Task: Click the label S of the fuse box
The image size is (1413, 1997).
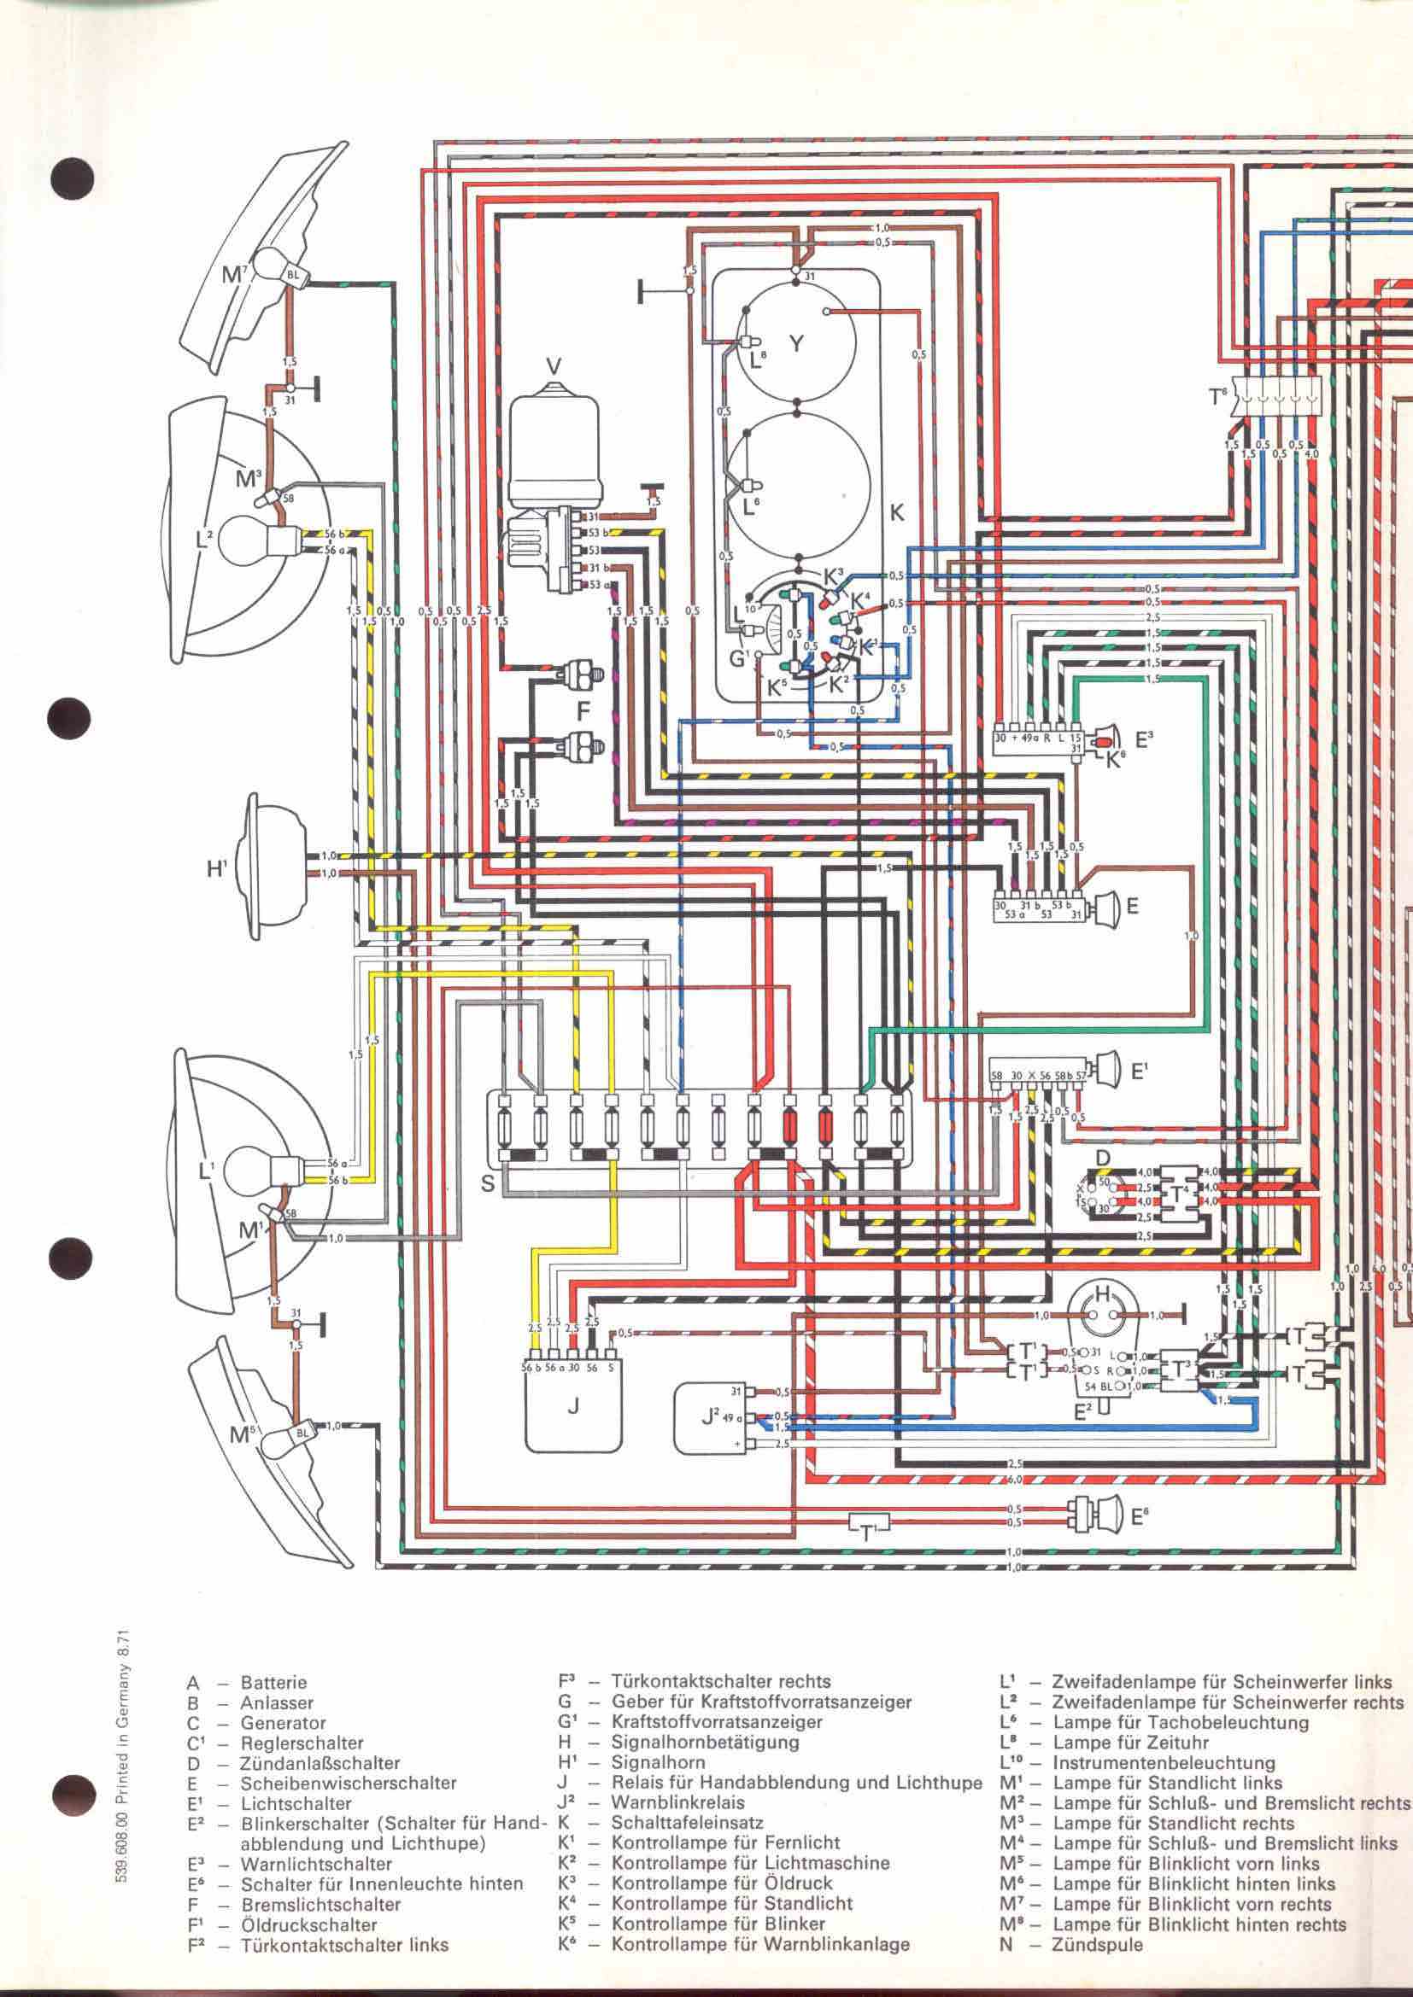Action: point(488,1182)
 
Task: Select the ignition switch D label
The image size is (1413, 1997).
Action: point(1103,1158)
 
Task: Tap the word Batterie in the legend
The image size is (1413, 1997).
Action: point(273,1683)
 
